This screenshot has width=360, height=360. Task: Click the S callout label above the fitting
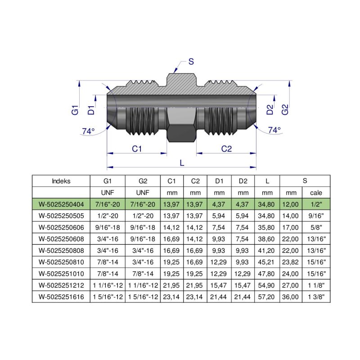click(191, 62)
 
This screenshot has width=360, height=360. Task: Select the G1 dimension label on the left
click(75, 109)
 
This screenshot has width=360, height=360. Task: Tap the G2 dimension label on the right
click(284, 109)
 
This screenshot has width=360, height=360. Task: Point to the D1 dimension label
click(91, 109)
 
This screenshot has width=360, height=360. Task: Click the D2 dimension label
click(270, 109)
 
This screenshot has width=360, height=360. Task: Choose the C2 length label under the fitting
click(226, 149)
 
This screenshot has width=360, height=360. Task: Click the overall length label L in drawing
click(182, 163)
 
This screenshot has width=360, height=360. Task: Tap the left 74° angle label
click(88, 131)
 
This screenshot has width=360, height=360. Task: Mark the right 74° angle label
click(274, 130)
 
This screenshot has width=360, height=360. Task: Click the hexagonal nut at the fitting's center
click(181, 126)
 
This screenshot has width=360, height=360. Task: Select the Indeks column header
click(61, 181)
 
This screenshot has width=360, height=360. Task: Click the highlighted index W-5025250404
click(61, 204)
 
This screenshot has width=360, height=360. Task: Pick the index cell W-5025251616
click(61, 297)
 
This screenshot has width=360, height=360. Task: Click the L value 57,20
click(267, 297)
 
